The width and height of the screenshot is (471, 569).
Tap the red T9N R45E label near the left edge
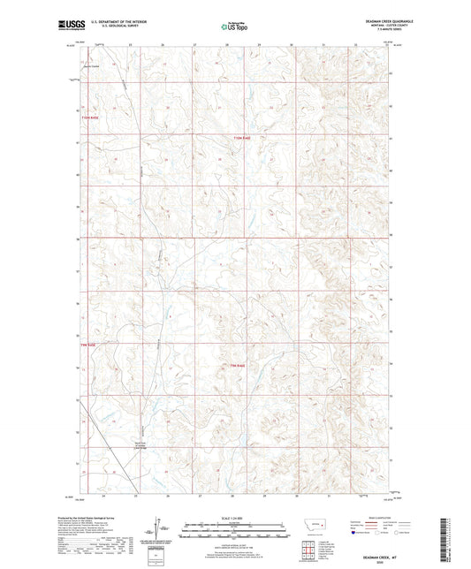(86, 346)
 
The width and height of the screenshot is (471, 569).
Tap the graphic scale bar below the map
(235, 532)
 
